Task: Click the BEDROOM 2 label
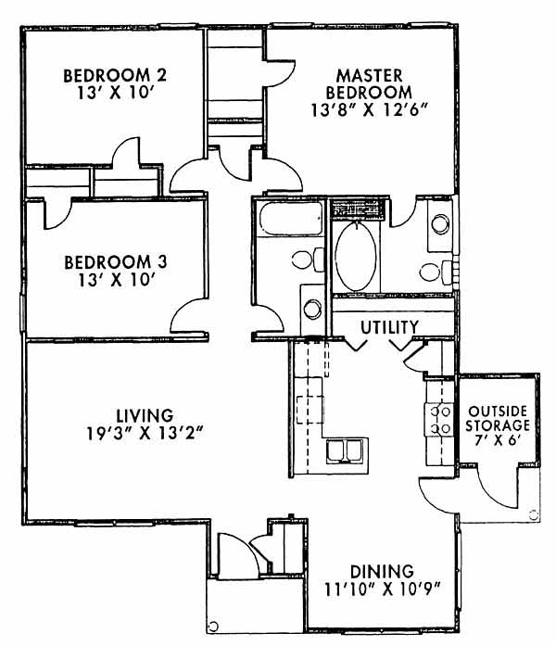115,76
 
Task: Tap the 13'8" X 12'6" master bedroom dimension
369,110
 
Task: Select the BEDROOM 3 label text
116,262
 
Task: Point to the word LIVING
145,415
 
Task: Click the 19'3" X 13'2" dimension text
145,434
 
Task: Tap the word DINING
382,572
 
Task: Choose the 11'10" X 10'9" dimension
383,589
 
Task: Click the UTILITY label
389,327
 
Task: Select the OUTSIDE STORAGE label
498,418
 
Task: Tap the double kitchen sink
345,451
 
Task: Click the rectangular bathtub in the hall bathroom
290,220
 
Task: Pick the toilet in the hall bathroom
308,260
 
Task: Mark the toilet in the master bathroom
436,272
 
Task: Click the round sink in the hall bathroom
312,309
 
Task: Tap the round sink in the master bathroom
440,223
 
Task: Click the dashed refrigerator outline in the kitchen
310,410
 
